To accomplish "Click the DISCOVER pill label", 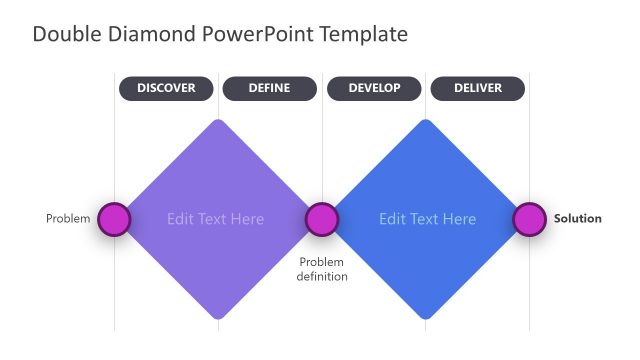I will [166, 88].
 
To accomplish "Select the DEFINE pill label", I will [269, 88].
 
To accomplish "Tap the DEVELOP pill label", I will [374, 88].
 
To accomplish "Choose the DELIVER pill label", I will [477, 88].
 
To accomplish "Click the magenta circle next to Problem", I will [114, 219].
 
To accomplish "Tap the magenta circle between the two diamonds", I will [321, 219].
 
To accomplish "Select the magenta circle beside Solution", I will [529, 219].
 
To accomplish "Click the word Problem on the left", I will [68, 219].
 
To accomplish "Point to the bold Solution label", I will [578, 219].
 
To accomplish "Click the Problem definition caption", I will [322, 269].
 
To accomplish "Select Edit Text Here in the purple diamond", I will [216, 219].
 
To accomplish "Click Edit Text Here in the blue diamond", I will [428, 219].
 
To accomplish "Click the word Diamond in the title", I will [150, 34].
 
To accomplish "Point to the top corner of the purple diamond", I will [217, 121].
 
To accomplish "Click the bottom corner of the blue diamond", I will [427, 318].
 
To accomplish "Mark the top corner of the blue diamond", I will [427, 121].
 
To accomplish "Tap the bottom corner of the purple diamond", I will [217, 318].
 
